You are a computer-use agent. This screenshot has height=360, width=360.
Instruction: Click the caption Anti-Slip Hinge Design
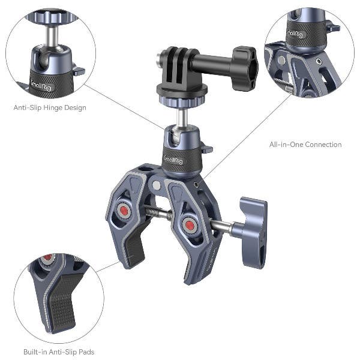coord(50,108)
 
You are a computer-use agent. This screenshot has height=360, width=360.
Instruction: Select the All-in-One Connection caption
coord(305,145)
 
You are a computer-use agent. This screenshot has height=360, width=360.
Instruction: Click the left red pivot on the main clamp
coord(124,211)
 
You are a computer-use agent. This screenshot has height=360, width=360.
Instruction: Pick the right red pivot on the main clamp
coord(190,226)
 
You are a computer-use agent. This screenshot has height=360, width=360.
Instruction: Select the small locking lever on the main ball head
coord(206,148)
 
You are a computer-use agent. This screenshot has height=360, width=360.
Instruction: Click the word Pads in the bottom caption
coord(85,352)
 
